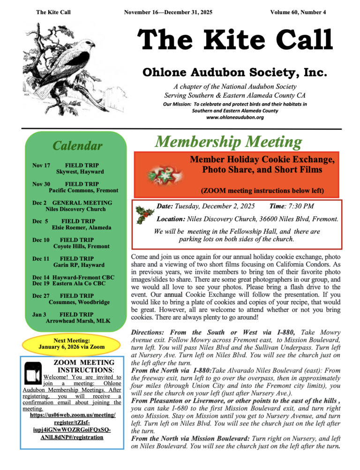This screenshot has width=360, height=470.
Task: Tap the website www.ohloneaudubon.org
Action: click(235, 117)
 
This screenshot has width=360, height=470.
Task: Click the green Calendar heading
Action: click(78, 146)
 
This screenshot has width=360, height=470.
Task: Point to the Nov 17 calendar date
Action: click(41, 166)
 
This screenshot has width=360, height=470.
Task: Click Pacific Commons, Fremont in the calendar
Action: click(83, 190)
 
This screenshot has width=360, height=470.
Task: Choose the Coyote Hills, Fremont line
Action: click(81, 246)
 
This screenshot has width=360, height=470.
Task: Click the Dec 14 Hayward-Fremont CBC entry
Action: click(76, 277)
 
